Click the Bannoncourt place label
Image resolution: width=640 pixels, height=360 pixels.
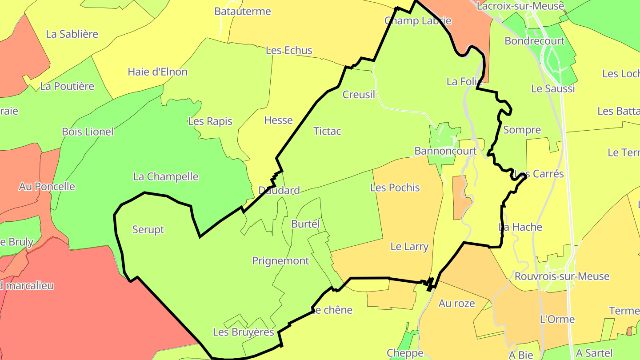click(x=445, y=151)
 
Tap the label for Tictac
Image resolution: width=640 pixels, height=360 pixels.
click(x=327, y=131)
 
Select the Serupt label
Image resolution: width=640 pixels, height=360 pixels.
click(x=148, y=230)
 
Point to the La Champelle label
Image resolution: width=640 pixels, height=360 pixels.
click(x=166, y=177)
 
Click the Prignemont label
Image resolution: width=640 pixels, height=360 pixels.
click(x=280, y=261)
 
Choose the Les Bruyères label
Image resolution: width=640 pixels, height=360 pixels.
click(x=244, y=332)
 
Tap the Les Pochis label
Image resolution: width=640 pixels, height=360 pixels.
click(x=395, y=188)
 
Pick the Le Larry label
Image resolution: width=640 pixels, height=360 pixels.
click(x=409, y=247)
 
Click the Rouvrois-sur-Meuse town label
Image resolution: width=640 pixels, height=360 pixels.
click(x=562, y=276)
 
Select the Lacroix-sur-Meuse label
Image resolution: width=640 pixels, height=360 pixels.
click(x=520, y=6)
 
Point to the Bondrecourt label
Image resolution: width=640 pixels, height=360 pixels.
click(x=535, y=41)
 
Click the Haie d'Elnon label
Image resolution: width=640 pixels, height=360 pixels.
click(x=158, y=72)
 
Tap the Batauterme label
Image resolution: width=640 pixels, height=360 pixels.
click(x=243, y=12)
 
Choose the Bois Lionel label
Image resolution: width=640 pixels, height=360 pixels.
click(x=88, y=132)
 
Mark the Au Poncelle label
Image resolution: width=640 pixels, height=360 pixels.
click(x=47, y=187)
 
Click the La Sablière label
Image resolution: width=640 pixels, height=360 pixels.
click(x=72, y=34)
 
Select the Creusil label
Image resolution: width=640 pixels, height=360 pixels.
click(x=359, y=95)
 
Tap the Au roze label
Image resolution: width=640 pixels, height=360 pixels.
click(x=457, y=304)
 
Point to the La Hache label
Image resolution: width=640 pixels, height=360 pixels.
click(x=520, y=228)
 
